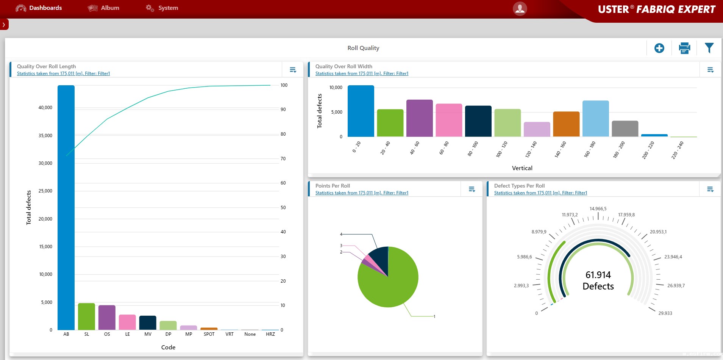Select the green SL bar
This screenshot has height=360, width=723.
pyautogui.click(x=86, y=316)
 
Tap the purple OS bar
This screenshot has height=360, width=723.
pyautogui.click(x=107, y=318)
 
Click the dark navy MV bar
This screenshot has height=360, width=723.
pyautogui.click(x=148, y=323)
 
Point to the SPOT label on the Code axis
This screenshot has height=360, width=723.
pyautogui.click(x=209, y=334)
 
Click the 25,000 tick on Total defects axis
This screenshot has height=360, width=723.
pyautogui.click(x=45, y=191)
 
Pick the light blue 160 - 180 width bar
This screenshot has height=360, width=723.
pyautogui.click(x=595, y=119)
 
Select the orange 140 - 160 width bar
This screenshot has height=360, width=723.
pyautogui.click(x=566, y=124)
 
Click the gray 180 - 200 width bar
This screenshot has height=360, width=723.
pyautogui.click(x=625, y=129)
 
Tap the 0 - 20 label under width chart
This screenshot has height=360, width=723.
pyautogui.click(x=356, y=147)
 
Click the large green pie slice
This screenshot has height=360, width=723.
pyautogui.click(x=390, y=284)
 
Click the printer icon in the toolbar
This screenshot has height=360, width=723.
pyautogui.click(x=684, y=48)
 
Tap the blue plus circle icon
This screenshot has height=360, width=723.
pyautogui.click(x=659, y=48)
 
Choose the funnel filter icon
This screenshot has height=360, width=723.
pyautogui.click(x=709, y=48)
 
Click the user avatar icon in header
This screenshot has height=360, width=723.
pyautogui.click(x=520, y=8)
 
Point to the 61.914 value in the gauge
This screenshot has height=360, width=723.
pyautogui.click(x=598, y=275)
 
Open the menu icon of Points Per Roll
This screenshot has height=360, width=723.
pyautogui.click(x=472, y=189)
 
